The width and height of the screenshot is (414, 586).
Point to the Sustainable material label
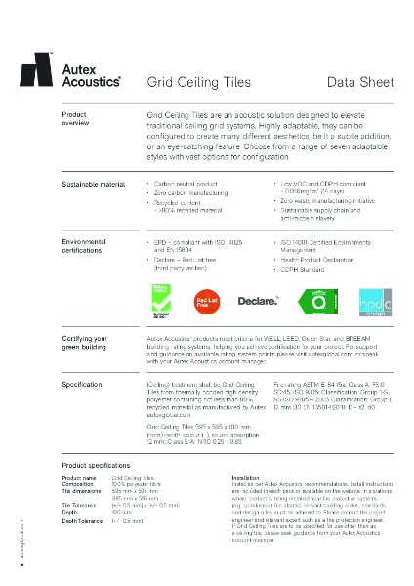94,184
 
